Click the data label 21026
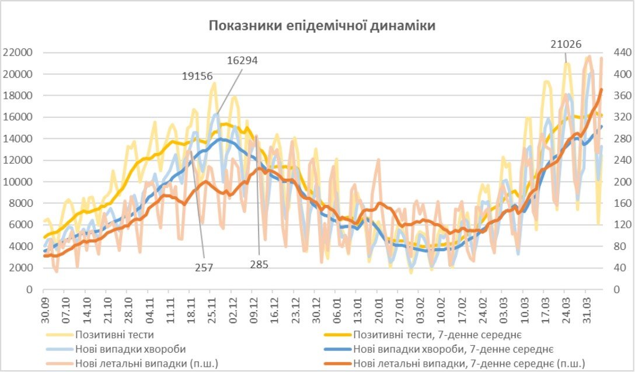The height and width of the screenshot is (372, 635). click(x=566, y=44)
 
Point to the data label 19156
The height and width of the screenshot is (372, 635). click(x=196, y=76)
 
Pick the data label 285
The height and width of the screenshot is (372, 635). click(x=259, y=265)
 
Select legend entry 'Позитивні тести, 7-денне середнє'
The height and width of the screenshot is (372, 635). click(x=437, y=335)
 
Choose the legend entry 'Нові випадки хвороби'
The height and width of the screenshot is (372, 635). click(x=130, y=349)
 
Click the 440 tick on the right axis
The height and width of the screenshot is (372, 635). click(x=618, y=53)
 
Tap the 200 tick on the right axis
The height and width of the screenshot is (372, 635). click(x=618, y=182)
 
